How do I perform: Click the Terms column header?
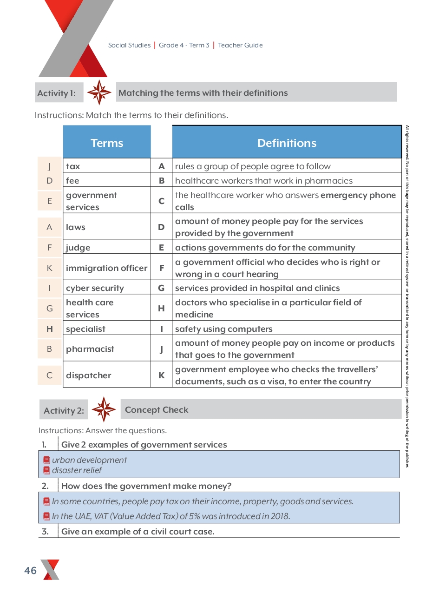pos(107,143)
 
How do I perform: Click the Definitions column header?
pos(287,143)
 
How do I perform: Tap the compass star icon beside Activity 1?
pos(99,92)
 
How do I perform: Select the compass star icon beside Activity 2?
pos(104,409)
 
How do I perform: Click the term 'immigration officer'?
pos(106,268)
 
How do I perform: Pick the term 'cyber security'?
pos(95,288)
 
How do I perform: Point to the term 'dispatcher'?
pos(88,376)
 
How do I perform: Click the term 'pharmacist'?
pos(90,349)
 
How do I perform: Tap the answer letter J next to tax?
pos(50,166)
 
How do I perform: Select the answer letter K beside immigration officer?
pos(50,268)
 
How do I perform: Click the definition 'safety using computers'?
pos(223,329)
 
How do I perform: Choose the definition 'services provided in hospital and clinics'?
pos(257,288)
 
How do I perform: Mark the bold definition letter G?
pos(161,288)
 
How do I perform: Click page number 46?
pos(30,571)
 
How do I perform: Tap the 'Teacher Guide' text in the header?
pos(240,45)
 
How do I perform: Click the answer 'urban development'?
pos(89,460)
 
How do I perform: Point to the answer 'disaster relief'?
pos(77,470)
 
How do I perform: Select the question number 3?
pos(45,532)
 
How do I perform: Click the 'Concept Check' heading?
pos(157,410)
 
